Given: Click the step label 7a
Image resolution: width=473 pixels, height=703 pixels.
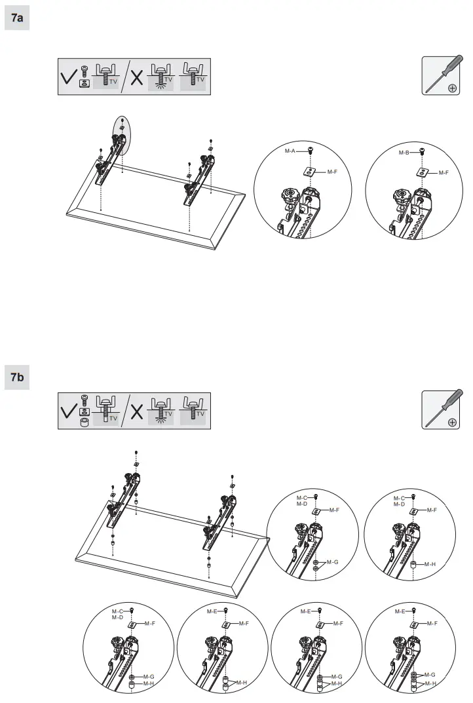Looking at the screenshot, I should (x=17, y=18).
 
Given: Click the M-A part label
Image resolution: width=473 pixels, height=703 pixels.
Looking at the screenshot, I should (x=291, y=151).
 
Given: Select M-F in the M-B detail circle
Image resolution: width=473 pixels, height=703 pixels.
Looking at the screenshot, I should (x=443, y=172).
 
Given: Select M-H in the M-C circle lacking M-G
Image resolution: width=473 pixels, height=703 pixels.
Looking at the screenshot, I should (x=430, y=563).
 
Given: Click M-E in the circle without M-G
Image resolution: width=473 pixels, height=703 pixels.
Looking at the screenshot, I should (x=212, y=611).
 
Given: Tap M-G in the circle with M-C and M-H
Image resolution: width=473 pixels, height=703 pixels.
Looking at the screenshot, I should (x=148, y=676).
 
